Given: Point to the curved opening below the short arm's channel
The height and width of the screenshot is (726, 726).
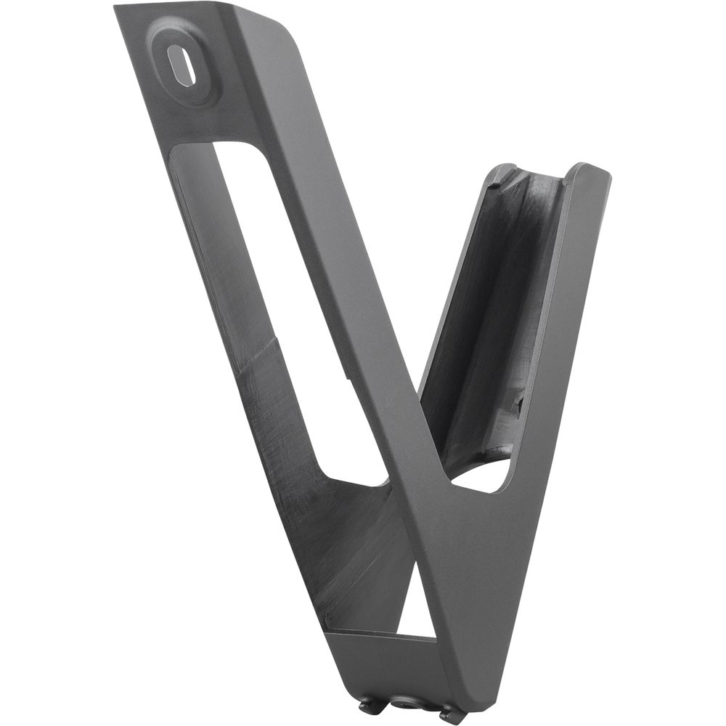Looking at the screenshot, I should (x=483, y=476).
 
